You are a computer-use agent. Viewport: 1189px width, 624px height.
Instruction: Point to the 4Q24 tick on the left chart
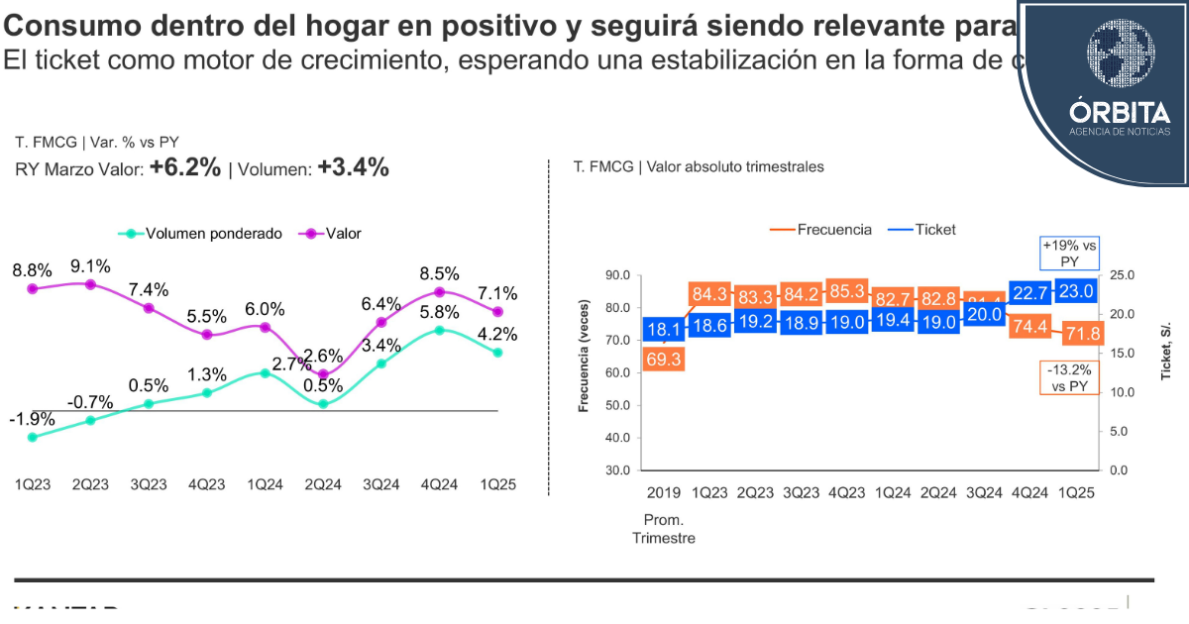pos(438,485)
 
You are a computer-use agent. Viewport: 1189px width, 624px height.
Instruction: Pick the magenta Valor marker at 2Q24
pos(323,374)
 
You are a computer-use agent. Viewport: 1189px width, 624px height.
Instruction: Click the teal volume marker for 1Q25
pos(497,353)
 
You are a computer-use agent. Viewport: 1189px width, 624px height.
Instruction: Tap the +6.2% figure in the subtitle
pos(185,168)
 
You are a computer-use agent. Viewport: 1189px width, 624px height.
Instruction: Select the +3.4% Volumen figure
pos(353,168)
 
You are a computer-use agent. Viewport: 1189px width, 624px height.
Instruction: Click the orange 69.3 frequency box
pos(663,360)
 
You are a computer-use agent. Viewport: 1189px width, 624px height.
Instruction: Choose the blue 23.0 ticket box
pos(1075,292)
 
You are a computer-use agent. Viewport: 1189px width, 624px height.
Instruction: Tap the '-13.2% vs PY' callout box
pos(1070,377)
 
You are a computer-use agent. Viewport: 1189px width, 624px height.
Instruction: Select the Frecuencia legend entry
pos(821,230)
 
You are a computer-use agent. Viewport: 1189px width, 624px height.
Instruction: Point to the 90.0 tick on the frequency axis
pos(617,275)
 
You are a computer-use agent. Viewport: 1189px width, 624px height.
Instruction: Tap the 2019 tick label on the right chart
pos(663,493)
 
